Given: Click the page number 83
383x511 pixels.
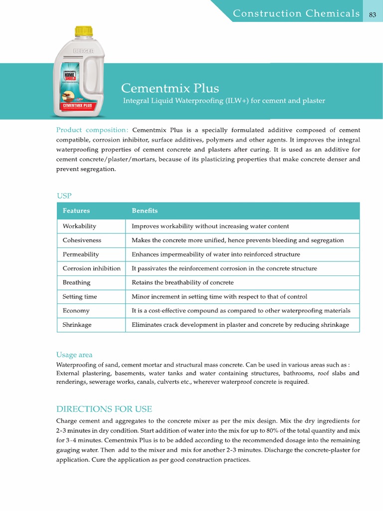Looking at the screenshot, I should coord(372,14).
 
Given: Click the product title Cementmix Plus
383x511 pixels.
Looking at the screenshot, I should coord(170,88).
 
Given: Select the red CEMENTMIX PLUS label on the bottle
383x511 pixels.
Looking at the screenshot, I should coord(77,106).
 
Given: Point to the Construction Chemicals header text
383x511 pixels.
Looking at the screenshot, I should coord(297,13).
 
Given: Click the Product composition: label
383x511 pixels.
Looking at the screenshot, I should coord(92,130).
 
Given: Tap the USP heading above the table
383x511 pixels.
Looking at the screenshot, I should coord(64,195).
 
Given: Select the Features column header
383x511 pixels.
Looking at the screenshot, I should coord(76,211).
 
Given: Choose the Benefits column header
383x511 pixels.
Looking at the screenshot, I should coord(145,211).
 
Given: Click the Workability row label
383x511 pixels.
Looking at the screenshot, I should coord(79,226).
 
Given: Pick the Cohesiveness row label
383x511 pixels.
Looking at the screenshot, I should coord(82,240).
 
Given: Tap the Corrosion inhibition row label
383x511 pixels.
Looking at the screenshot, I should coord(91,268).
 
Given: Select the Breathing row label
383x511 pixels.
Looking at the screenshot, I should coord(76,282).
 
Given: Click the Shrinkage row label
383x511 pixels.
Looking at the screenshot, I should coord(77,324).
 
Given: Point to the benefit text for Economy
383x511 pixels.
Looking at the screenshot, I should coord(241,310).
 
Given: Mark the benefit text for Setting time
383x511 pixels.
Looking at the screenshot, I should coord(219,296).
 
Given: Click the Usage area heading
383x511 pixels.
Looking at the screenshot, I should coord(74,355).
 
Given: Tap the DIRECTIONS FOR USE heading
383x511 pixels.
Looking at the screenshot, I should coord(104,409).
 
